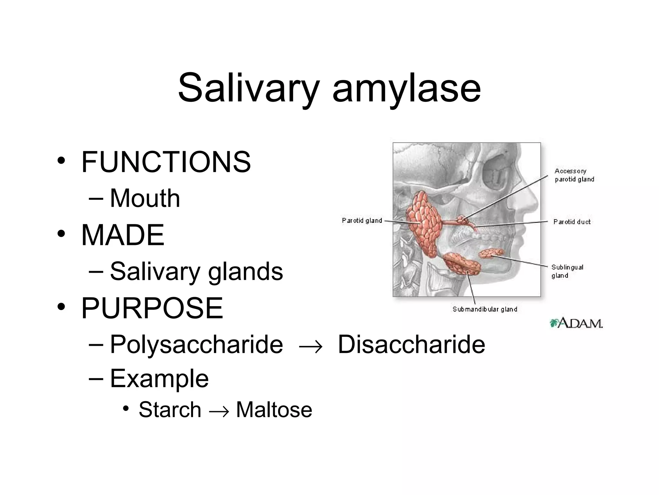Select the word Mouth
point(145,198)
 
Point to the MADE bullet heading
point(123,235)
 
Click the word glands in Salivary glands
point(246,272)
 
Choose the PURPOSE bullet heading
point(152,308)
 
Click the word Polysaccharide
point(196,345)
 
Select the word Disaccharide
point(411,345)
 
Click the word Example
point(159,378)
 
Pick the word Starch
point(170,410)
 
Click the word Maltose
point(274,410)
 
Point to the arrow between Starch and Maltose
point(219,411)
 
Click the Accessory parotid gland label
point(574,175)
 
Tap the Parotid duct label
point(572,222)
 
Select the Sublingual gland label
point(567,271)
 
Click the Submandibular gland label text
point(485,309)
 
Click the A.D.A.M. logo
point(576,323)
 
